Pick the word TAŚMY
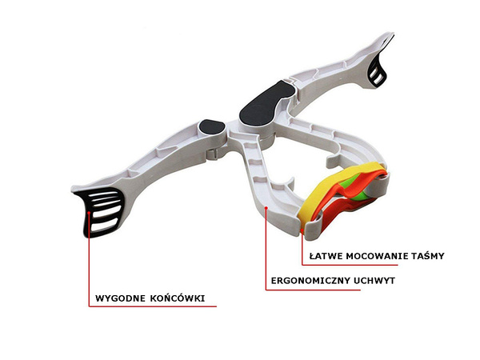pyautogui.click(x=426, y=256)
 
